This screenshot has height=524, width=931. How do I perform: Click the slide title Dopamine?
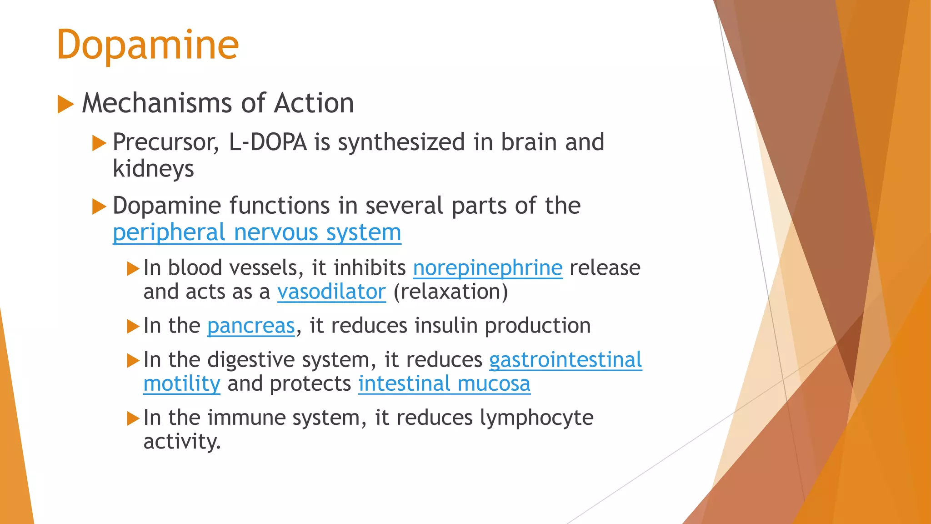tap(148, 45)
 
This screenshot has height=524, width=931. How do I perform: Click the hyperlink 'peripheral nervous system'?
tap(257, 232)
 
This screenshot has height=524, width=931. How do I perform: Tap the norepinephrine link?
tap(487, 268)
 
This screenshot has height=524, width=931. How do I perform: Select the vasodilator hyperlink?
tap(331, 292)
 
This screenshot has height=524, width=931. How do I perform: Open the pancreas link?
tap(251, 326)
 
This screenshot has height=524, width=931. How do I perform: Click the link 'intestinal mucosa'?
tap(444, 383)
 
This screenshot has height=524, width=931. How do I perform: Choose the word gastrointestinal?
tap(566, 360)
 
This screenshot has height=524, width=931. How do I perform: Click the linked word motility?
tap(182, 383)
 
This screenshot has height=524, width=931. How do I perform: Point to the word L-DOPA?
tap(268, 142)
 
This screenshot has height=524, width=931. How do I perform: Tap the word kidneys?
tap(153, 169)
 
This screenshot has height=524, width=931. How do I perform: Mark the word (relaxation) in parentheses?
tap(450, 292)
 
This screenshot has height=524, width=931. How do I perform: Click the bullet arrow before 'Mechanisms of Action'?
tap(65, 104)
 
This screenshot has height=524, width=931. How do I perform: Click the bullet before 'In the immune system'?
tap(133, 418)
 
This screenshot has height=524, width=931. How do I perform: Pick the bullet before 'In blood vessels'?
tap(133, 268)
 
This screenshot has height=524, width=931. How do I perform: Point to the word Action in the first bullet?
tap(314, 103)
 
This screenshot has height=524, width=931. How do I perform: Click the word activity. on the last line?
tap(182, 441)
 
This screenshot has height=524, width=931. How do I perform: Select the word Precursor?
tap(165, 142)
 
